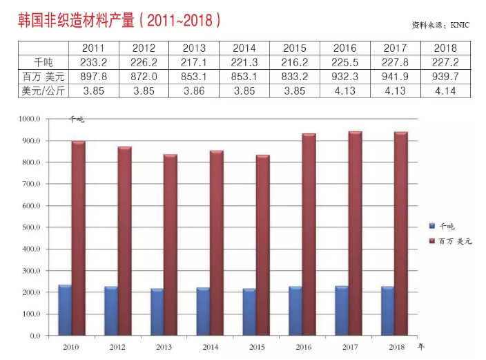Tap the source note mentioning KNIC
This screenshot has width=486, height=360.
439,25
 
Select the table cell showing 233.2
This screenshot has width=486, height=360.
93,62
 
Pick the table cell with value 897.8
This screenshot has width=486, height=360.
93,76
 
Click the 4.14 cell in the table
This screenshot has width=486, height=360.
445,90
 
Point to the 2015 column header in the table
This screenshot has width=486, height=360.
294,48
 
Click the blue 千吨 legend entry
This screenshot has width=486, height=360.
442,226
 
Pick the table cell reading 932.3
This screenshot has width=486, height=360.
344,76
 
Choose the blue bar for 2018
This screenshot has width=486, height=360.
388,310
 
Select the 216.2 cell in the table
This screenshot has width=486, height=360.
294,62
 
